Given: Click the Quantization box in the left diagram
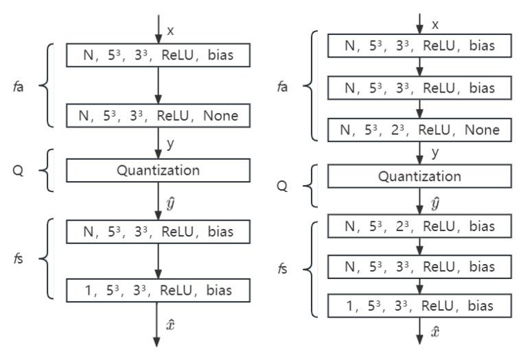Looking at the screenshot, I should (x=158, y=169).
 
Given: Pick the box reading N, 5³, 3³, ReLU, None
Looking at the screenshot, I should (x=158, y=116).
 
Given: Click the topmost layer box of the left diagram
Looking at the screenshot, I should (x=158, y=55).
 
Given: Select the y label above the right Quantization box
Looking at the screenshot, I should (x=434, y=152).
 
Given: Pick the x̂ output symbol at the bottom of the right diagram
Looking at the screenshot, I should (x=434, y=331).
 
